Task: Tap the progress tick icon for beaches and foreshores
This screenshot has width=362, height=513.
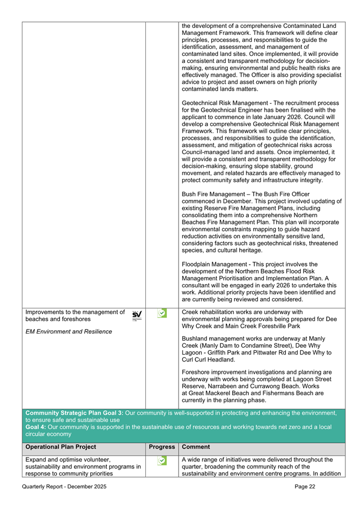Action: [x=161, y=313]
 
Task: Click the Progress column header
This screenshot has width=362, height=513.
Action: [x=162, y=446]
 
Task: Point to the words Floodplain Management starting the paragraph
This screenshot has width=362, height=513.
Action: [x=217, y=264]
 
